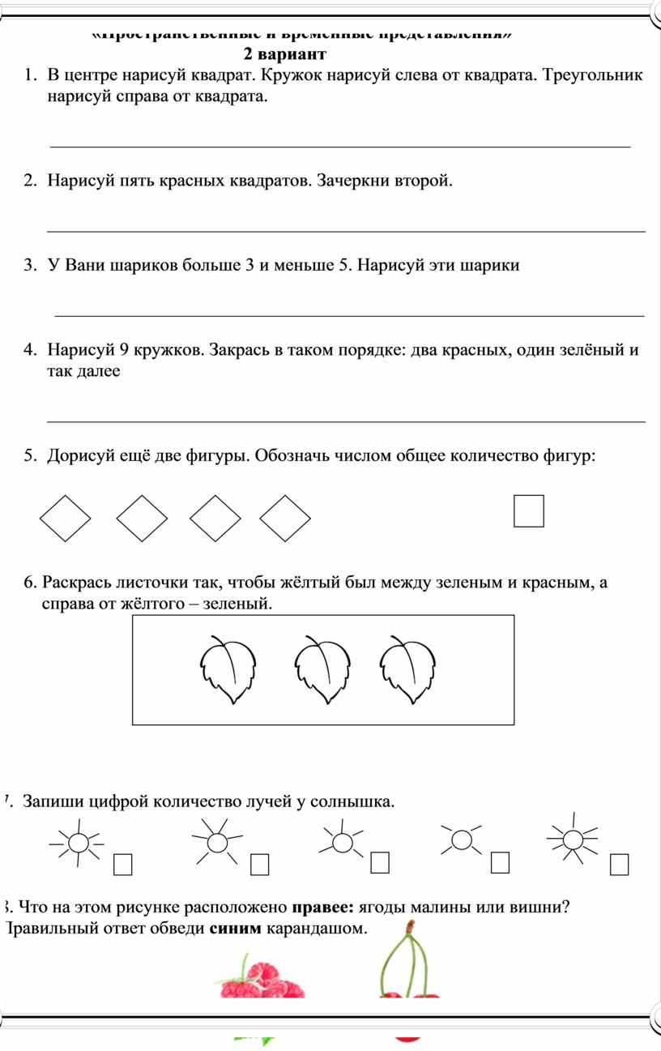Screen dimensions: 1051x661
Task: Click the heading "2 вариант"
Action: [284, 55]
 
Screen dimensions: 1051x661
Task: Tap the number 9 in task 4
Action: [123, 351]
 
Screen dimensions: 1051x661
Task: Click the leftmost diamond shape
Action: [66, 519]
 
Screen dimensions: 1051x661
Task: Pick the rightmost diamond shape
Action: [285, 519]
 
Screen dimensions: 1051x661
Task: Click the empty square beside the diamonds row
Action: [528, 511]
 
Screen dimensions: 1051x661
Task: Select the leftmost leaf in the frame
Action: [228, 668]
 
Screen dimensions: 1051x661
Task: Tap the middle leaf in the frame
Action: [322, 669]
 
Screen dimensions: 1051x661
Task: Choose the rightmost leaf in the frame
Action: [407, 668]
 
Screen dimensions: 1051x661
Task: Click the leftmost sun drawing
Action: [78, 844]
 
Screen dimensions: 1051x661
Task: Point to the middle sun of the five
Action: [343, 842]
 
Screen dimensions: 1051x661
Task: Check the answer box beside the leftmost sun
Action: [123, 865]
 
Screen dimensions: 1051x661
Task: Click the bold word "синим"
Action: [236, 928]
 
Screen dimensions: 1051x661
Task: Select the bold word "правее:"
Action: [322, 908]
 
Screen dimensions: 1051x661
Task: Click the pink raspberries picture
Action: [261, 981]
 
